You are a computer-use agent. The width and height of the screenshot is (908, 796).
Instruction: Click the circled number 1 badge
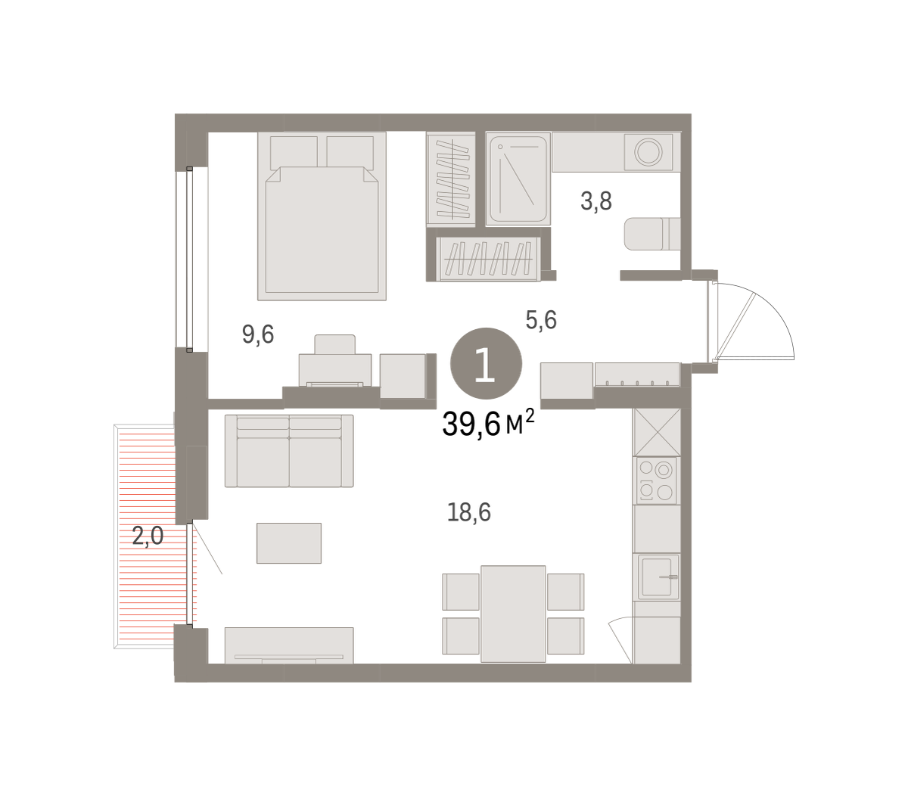[x=486, y=363]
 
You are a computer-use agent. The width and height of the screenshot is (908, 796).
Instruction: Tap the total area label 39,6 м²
[x=489, y=423]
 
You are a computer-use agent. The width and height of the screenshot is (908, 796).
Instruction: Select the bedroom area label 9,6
[x=258, y=334]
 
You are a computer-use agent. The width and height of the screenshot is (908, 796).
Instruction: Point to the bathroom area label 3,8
[x=596, y=201]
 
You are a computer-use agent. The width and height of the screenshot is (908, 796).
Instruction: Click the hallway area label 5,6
[x=541, y=320]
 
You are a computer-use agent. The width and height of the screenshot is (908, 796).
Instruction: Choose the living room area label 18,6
[x=469, y=511]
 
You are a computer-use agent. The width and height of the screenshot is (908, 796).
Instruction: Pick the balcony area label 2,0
[x=148, y=536]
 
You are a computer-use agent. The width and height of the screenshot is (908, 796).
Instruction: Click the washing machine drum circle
[x=648, y=151]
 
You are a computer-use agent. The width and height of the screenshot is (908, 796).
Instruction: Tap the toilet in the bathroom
[x=652, y=234]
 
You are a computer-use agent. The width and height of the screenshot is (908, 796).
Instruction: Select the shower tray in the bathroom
[x=518, y=178]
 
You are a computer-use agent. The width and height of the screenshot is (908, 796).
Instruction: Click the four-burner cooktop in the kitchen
[x=657, y=480]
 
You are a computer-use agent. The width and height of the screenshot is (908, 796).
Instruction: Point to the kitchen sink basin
[x=657, y=576]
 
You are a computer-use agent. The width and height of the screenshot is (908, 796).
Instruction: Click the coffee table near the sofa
[x=288, y=543]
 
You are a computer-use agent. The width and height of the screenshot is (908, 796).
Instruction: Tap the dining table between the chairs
[x=513, y=614]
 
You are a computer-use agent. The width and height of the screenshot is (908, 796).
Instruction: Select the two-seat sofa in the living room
[x=289, y=450]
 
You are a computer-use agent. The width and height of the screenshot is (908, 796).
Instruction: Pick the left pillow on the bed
[x=294, y=152]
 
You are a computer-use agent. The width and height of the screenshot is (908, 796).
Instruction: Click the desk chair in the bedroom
[x=334, y=344]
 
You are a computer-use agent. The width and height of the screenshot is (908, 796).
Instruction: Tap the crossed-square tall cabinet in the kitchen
[x=657, y=432]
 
